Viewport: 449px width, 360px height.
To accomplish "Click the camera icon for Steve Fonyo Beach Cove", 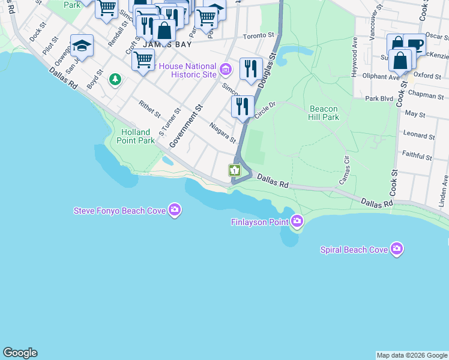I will [175, 209].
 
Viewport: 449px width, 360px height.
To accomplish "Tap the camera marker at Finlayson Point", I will [297, 222].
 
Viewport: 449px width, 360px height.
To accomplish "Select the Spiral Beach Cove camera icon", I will [396, 249].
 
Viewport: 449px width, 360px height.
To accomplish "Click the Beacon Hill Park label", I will [324, 113].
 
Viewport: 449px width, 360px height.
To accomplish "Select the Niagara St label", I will [223, 133].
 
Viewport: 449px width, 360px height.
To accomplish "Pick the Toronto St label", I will [258, 37].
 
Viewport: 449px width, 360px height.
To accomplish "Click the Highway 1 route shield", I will [234, 170].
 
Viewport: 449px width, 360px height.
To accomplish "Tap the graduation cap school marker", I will [82, 46].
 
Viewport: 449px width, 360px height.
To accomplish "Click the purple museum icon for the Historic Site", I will [225, 70].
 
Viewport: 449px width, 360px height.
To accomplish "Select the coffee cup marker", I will [414, 44].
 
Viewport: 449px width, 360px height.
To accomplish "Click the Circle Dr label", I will [264, 110].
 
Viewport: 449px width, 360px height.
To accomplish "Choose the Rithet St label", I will [149, 109].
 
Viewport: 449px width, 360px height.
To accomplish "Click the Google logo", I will [20, 353].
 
